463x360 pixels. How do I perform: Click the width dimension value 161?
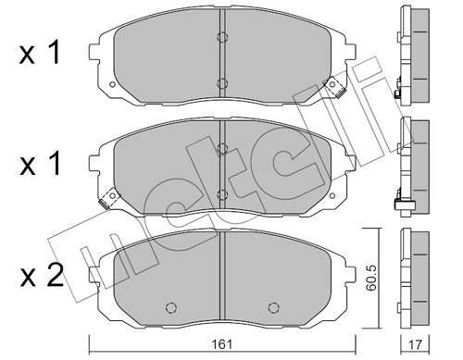(x=222, y=343)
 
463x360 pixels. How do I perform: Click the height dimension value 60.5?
(x=370, y=279)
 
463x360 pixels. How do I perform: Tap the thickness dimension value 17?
(x=415, y=344)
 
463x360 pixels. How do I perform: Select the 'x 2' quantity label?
(x=42, y=275)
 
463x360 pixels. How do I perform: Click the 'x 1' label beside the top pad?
(x=39, y=53)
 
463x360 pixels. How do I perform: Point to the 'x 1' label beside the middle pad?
(x=39, y=164)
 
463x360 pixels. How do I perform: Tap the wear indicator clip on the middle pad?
(x=109, y=198)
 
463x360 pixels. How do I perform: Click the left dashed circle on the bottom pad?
(x=170, y=307)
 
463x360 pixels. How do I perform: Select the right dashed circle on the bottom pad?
(x=273, y=307)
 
